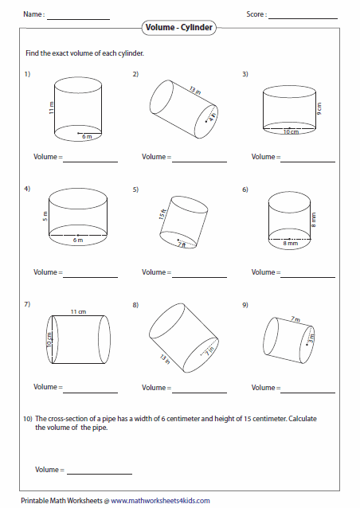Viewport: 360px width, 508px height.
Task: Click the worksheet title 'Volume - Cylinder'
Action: pyautogui.click(x=180, y=28)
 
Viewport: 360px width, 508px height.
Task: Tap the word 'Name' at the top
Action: pyautogui.click(x=33, y=14)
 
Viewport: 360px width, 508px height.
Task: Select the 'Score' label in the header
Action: pyautogui.click(x=256, y=14)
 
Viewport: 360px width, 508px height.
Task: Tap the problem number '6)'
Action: pyautogui.click(x=245, y=189)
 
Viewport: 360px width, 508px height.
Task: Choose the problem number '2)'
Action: pyautogui.click(x=136, y=74)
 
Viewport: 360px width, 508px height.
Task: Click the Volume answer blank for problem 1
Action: pyautogui.click(x=90, y=158)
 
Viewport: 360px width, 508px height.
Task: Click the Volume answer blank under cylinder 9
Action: pyautogui.click(x=307, y=389)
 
